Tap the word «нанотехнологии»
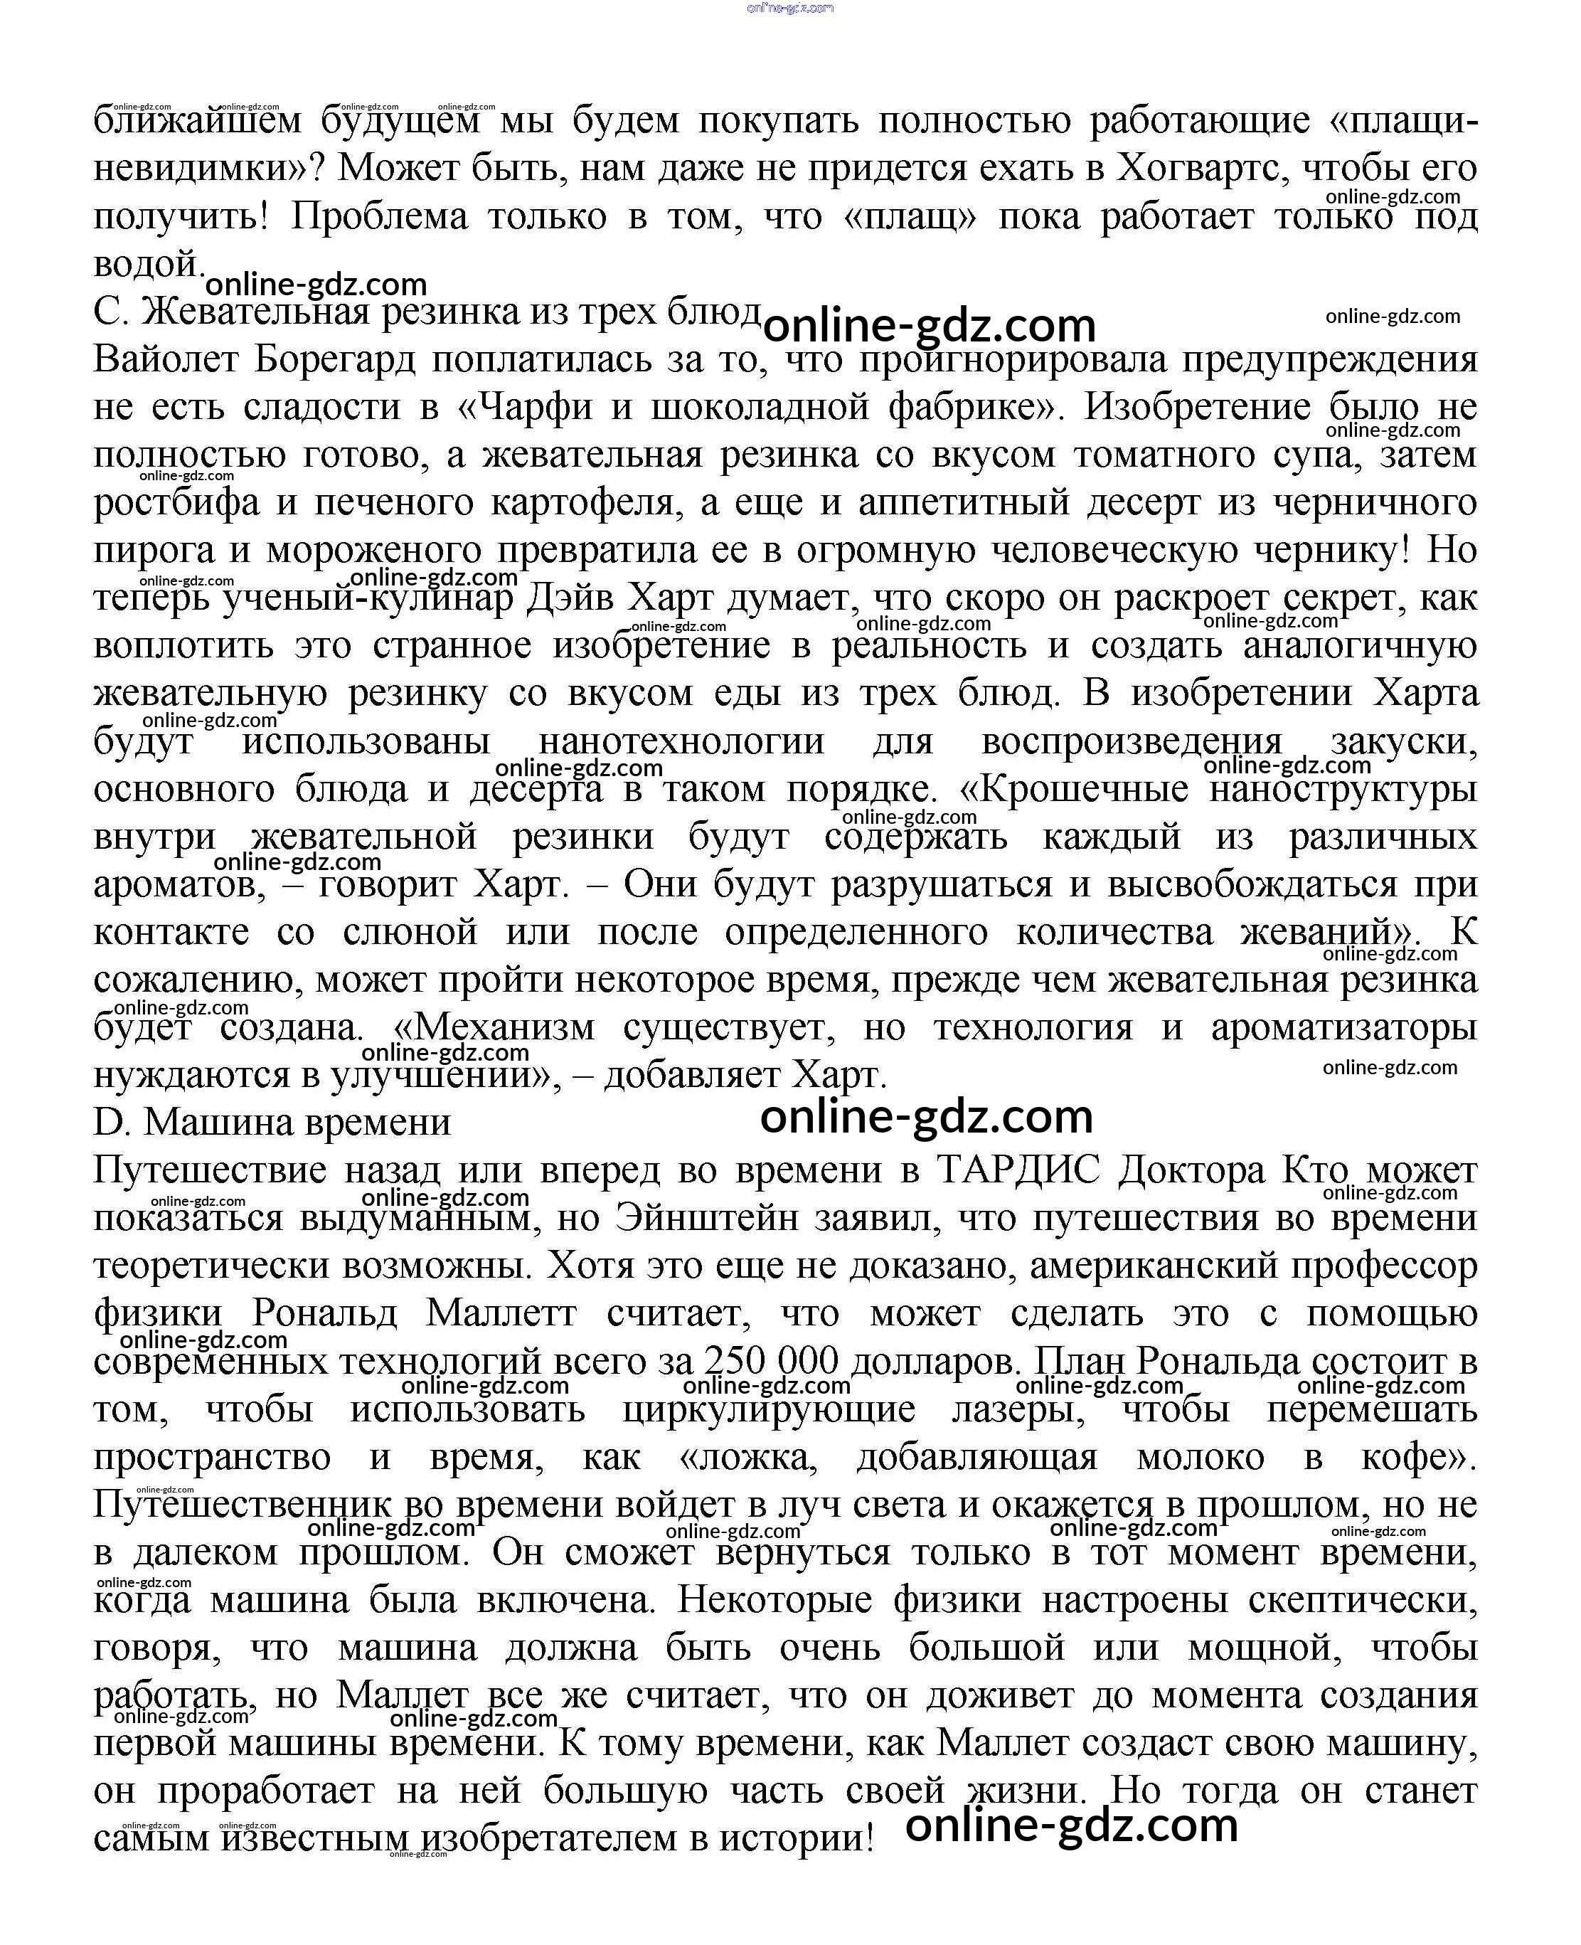point(681,741)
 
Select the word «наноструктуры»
point(1343,789)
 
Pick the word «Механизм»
point(504,1027)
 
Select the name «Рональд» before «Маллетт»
point(324,1314)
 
